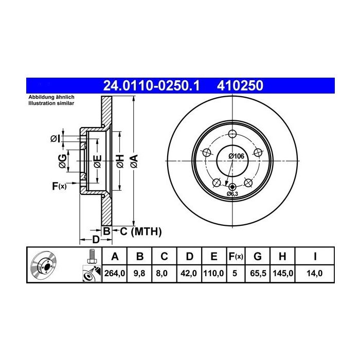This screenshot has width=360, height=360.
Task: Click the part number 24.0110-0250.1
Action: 151,86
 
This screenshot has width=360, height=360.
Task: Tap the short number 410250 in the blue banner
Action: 240,86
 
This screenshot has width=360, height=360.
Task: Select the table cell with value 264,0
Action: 115,274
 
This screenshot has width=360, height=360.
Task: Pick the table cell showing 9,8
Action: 139,274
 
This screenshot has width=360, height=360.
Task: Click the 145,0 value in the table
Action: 283,274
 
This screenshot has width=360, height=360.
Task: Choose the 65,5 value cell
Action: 258,274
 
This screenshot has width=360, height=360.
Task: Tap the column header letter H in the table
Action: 282,256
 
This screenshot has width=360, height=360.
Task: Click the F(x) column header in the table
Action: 236,256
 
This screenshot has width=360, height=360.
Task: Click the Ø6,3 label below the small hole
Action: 232,194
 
